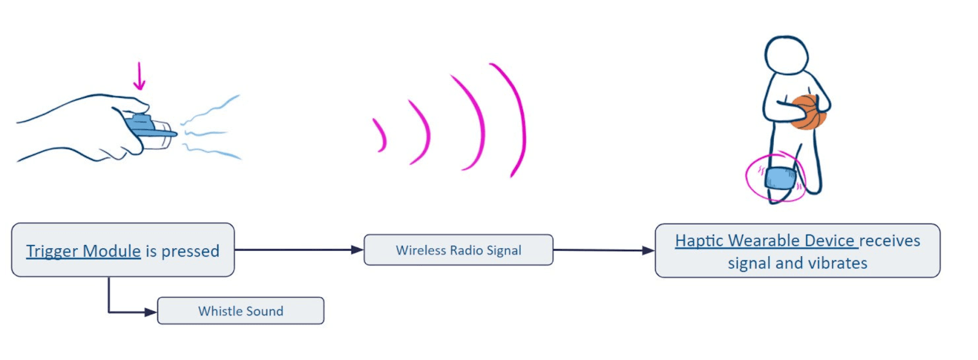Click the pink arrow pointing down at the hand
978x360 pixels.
point(140,76)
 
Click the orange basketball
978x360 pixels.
point(807,112)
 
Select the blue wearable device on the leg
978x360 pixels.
point(780,178)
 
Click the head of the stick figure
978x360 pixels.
point(787,55)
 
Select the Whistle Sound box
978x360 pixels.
point(241,311)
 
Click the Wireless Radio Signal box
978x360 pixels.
point(458,250)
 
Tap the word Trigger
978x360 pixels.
point(52,251)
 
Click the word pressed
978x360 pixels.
point(190,251)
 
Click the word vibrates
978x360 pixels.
point(838,263)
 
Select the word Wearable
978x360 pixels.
point(764,241)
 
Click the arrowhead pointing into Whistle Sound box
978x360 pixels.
point(150,312)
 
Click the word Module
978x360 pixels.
point(112,251)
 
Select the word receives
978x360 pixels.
point(889,241)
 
